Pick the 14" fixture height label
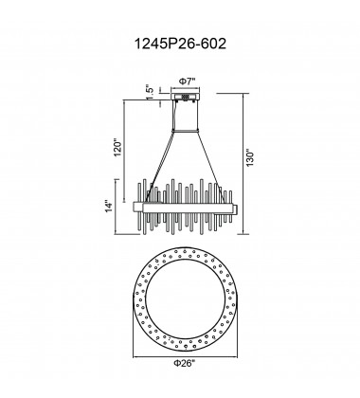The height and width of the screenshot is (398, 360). tap(112, 206)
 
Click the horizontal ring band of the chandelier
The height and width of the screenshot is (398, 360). tap(189, 205)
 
